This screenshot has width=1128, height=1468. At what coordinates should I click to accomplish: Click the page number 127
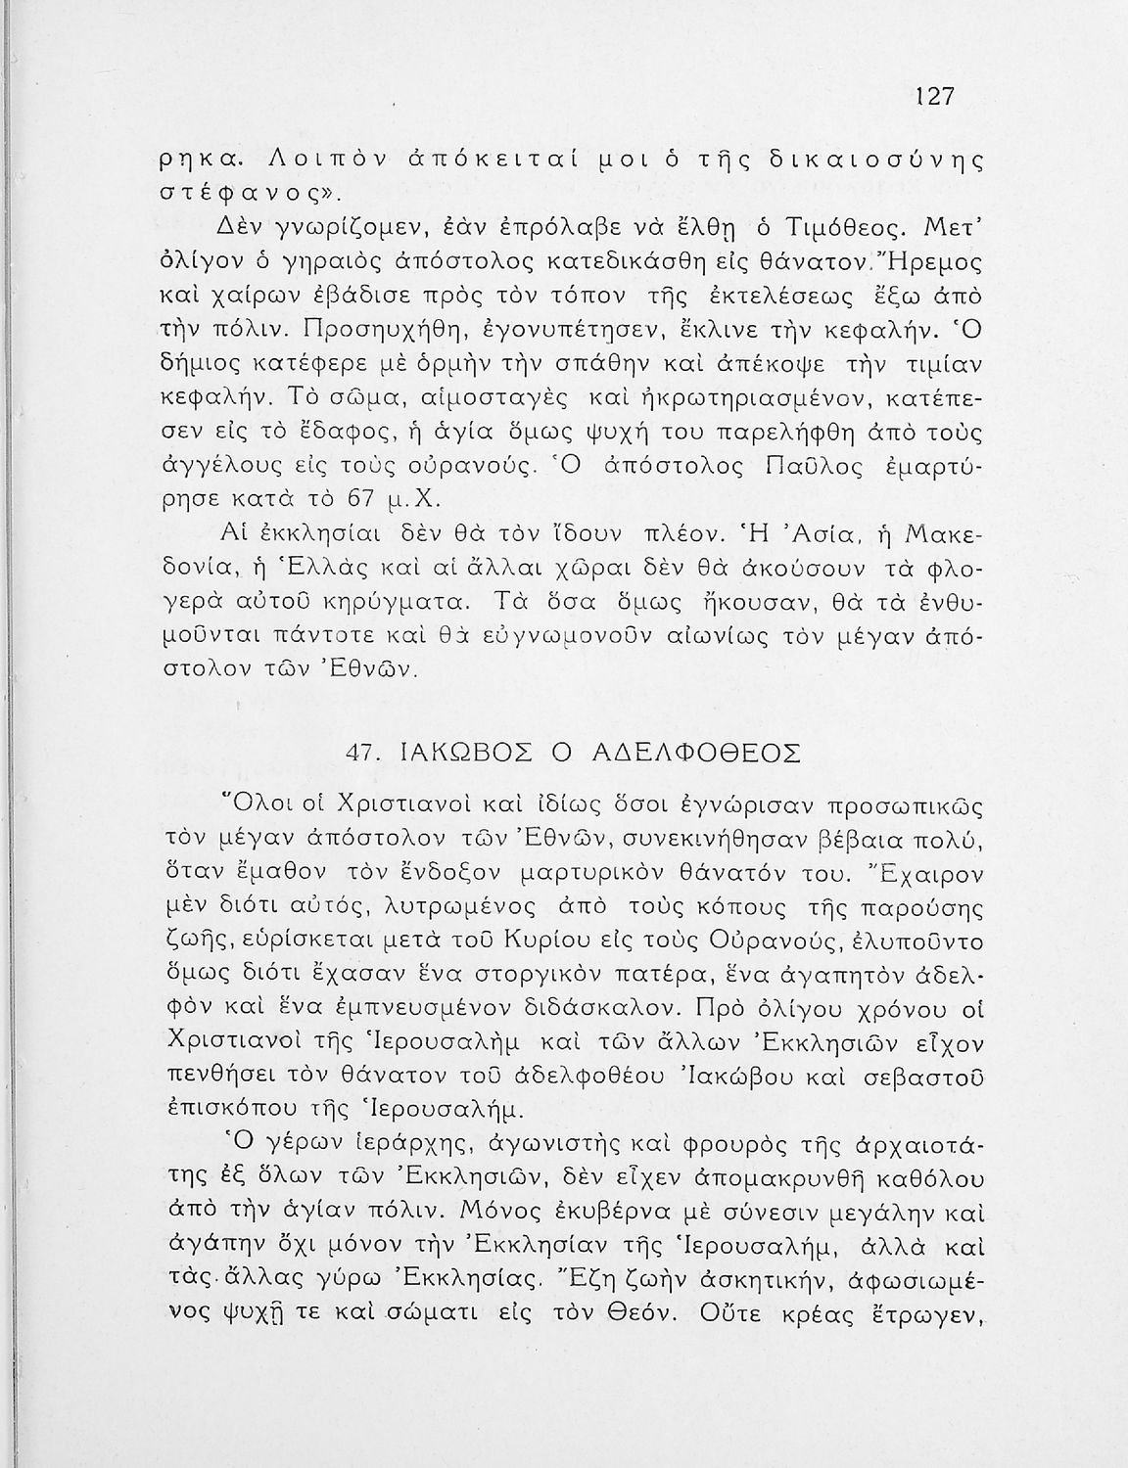pyautogui.click(x=934, y=97)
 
